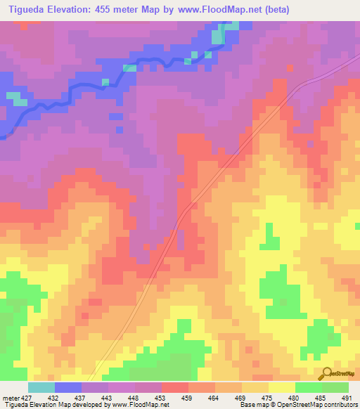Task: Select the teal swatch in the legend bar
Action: coord(41,387)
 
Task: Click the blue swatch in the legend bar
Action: coord(68,387)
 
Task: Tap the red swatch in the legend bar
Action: coord(175,387)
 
